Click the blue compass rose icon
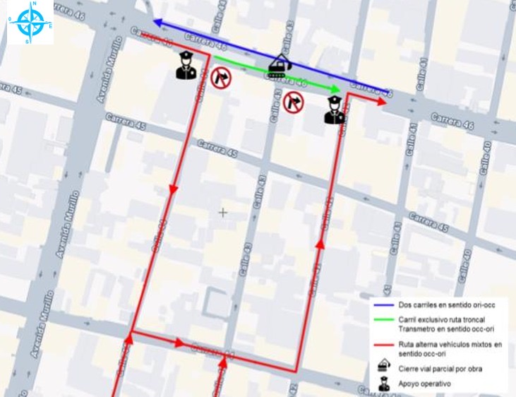coord(30,23)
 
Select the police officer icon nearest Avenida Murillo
coord(186,66)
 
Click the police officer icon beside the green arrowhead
coord(335,109)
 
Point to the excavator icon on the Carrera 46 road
coord(280,66)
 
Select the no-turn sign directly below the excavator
coord(293,102)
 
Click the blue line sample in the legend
coord(384,305)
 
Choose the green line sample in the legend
coord(384,321)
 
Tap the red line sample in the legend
coord(384,345)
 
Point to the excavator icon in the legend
coord(384,367)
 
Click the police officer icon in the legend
coord(384,384)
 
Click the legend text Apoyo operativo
coord(425,384)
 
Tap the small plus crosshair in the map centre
coord(223,212)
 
